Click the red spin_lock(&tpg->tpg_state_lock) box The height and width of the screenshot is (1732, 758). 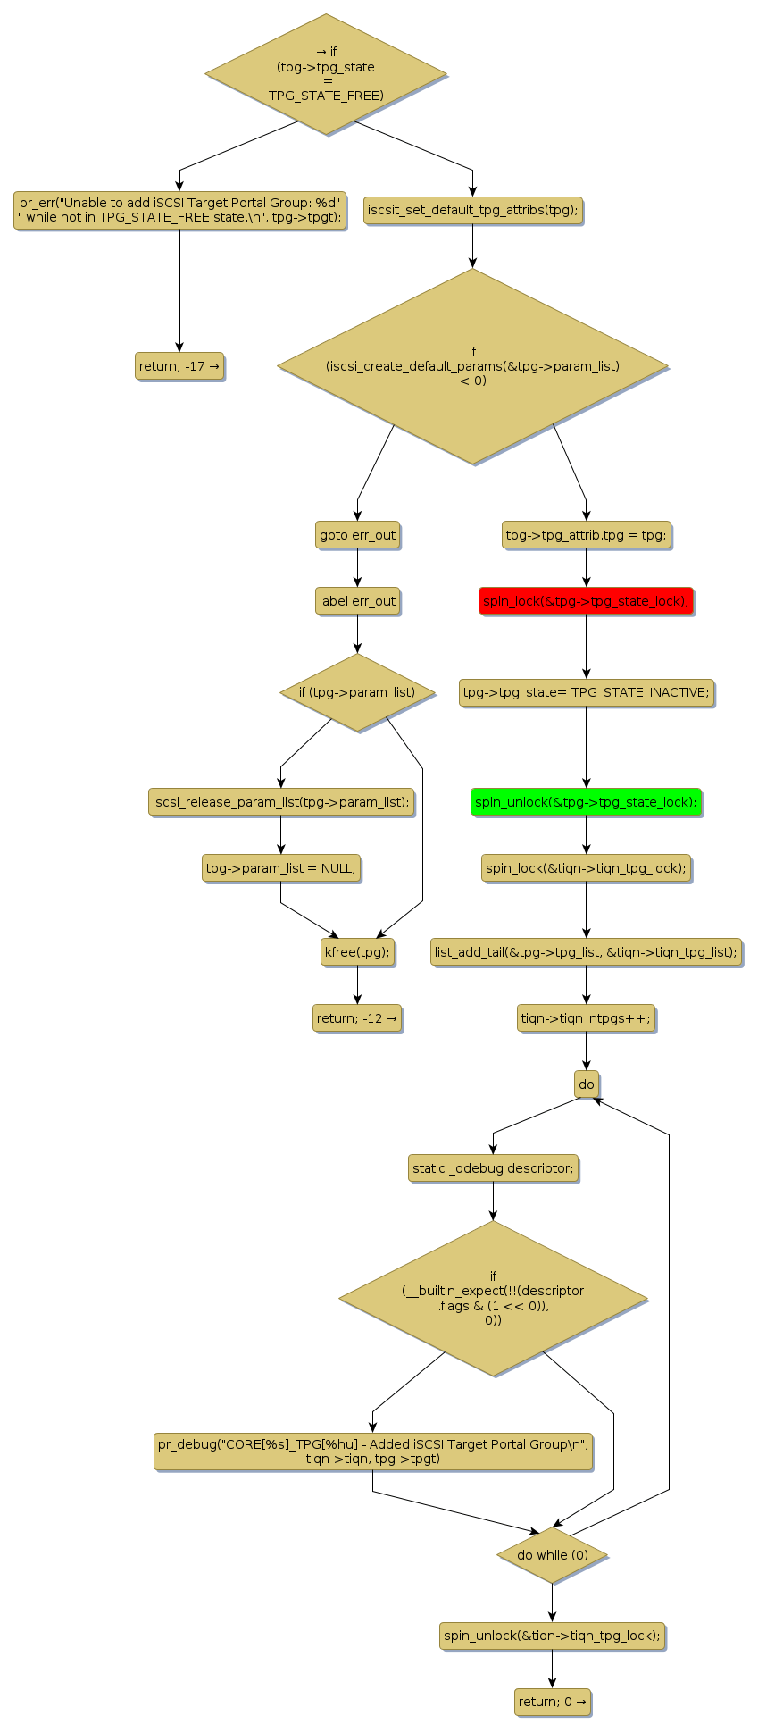pyautogui.click(x=586, y=601)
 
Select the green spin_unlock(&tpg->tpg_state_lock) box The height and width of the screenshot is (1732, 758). pyautogui.click(x=586, y=802)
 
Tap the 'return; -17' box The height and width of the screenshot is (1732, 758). pyautogui.click(x=179, y=366)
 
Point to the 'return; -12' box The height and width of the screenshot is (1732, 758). pyautogui.click(x=357, y=1018)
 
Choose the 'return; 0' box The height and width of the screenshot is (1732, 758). pyautogui.click(x=552, y=1702)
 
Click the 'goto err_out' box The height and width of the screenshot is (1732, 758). pyautogui.click(x=357, y=535)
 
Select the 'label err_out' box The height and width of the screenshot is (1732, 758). pyautogui.click(x=357, y=601)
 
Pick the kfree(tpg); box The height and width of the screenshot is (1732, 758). pyautogui.click(x=357, y=952)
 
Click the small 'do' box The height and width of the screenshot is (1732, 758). pyautogui.click(x=586, y=1084)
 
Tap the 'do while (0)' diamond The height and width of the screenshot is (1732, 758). pyautogui.click(x=552, y=1555)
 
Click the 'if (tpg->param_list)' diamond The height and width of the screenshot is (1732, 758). pyautogui.click(x=357, y=692)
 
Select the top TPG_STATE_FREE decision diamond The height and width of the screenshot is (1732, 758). pyautogui.click(x=326, y=74)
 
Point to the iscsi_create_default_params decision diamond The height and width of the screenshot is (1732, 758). pyautogui.click(x=472, y=366)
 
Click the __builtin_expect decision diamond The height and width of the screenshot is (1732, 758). pyautogui.click(x=493, y=1298)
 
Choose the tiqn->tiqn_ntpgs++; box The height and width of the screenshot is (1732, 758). pyautogui.click(x=586, y=1018)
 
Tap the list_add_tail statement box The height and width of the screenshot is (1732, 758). pyautogui.click(x=586, y=952)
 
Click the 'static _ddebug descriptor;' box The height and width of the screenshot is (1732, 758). pyautogui.click(x=493, y=1168)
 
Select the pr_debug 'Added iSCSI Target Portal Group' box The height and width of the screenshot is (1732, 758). pyautogui.click(x=372, y=1452)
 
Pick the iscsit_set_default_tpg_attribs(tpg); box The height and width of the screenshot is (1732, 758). pyautogui.click(x=472, y=212)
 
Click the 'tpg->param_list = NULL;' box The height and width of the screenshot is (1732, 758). pyautogui.click(x=280, y=868)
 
